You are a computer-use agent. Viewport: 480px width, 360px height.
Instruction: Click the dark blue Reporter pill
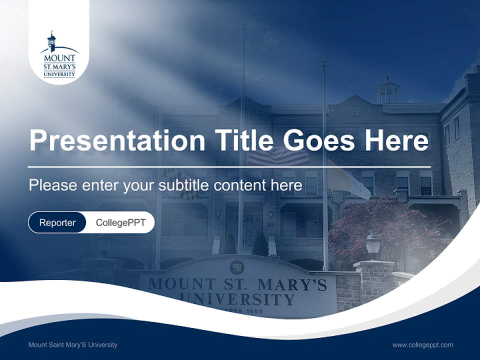tap(57, 222)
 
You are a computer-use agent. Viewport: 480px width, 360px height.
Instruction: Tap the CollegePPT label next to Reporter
tap(120, 222)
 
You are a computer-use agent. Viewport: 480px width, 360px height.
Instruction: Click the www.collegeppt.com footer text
tap(422, 344)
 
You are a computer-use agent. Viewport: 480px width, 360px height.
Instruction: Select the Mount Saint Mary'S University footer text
tap(73, 344)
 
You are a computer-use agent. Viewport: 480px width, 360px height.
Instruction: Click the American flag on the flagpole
tap(279, 156)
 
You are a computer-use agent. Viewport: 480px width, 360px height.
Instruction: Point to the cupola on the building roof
tap(388, 90)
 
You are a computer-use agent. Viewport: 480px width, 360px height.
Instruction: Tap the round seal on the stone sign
tap(237, 267)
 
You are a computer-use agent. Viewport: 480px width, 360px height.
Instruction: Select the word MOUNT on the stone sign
tap(178, 283)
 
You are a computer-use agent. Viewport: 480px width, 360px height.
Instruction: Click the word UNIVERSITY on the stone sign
tap(237, 299)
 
